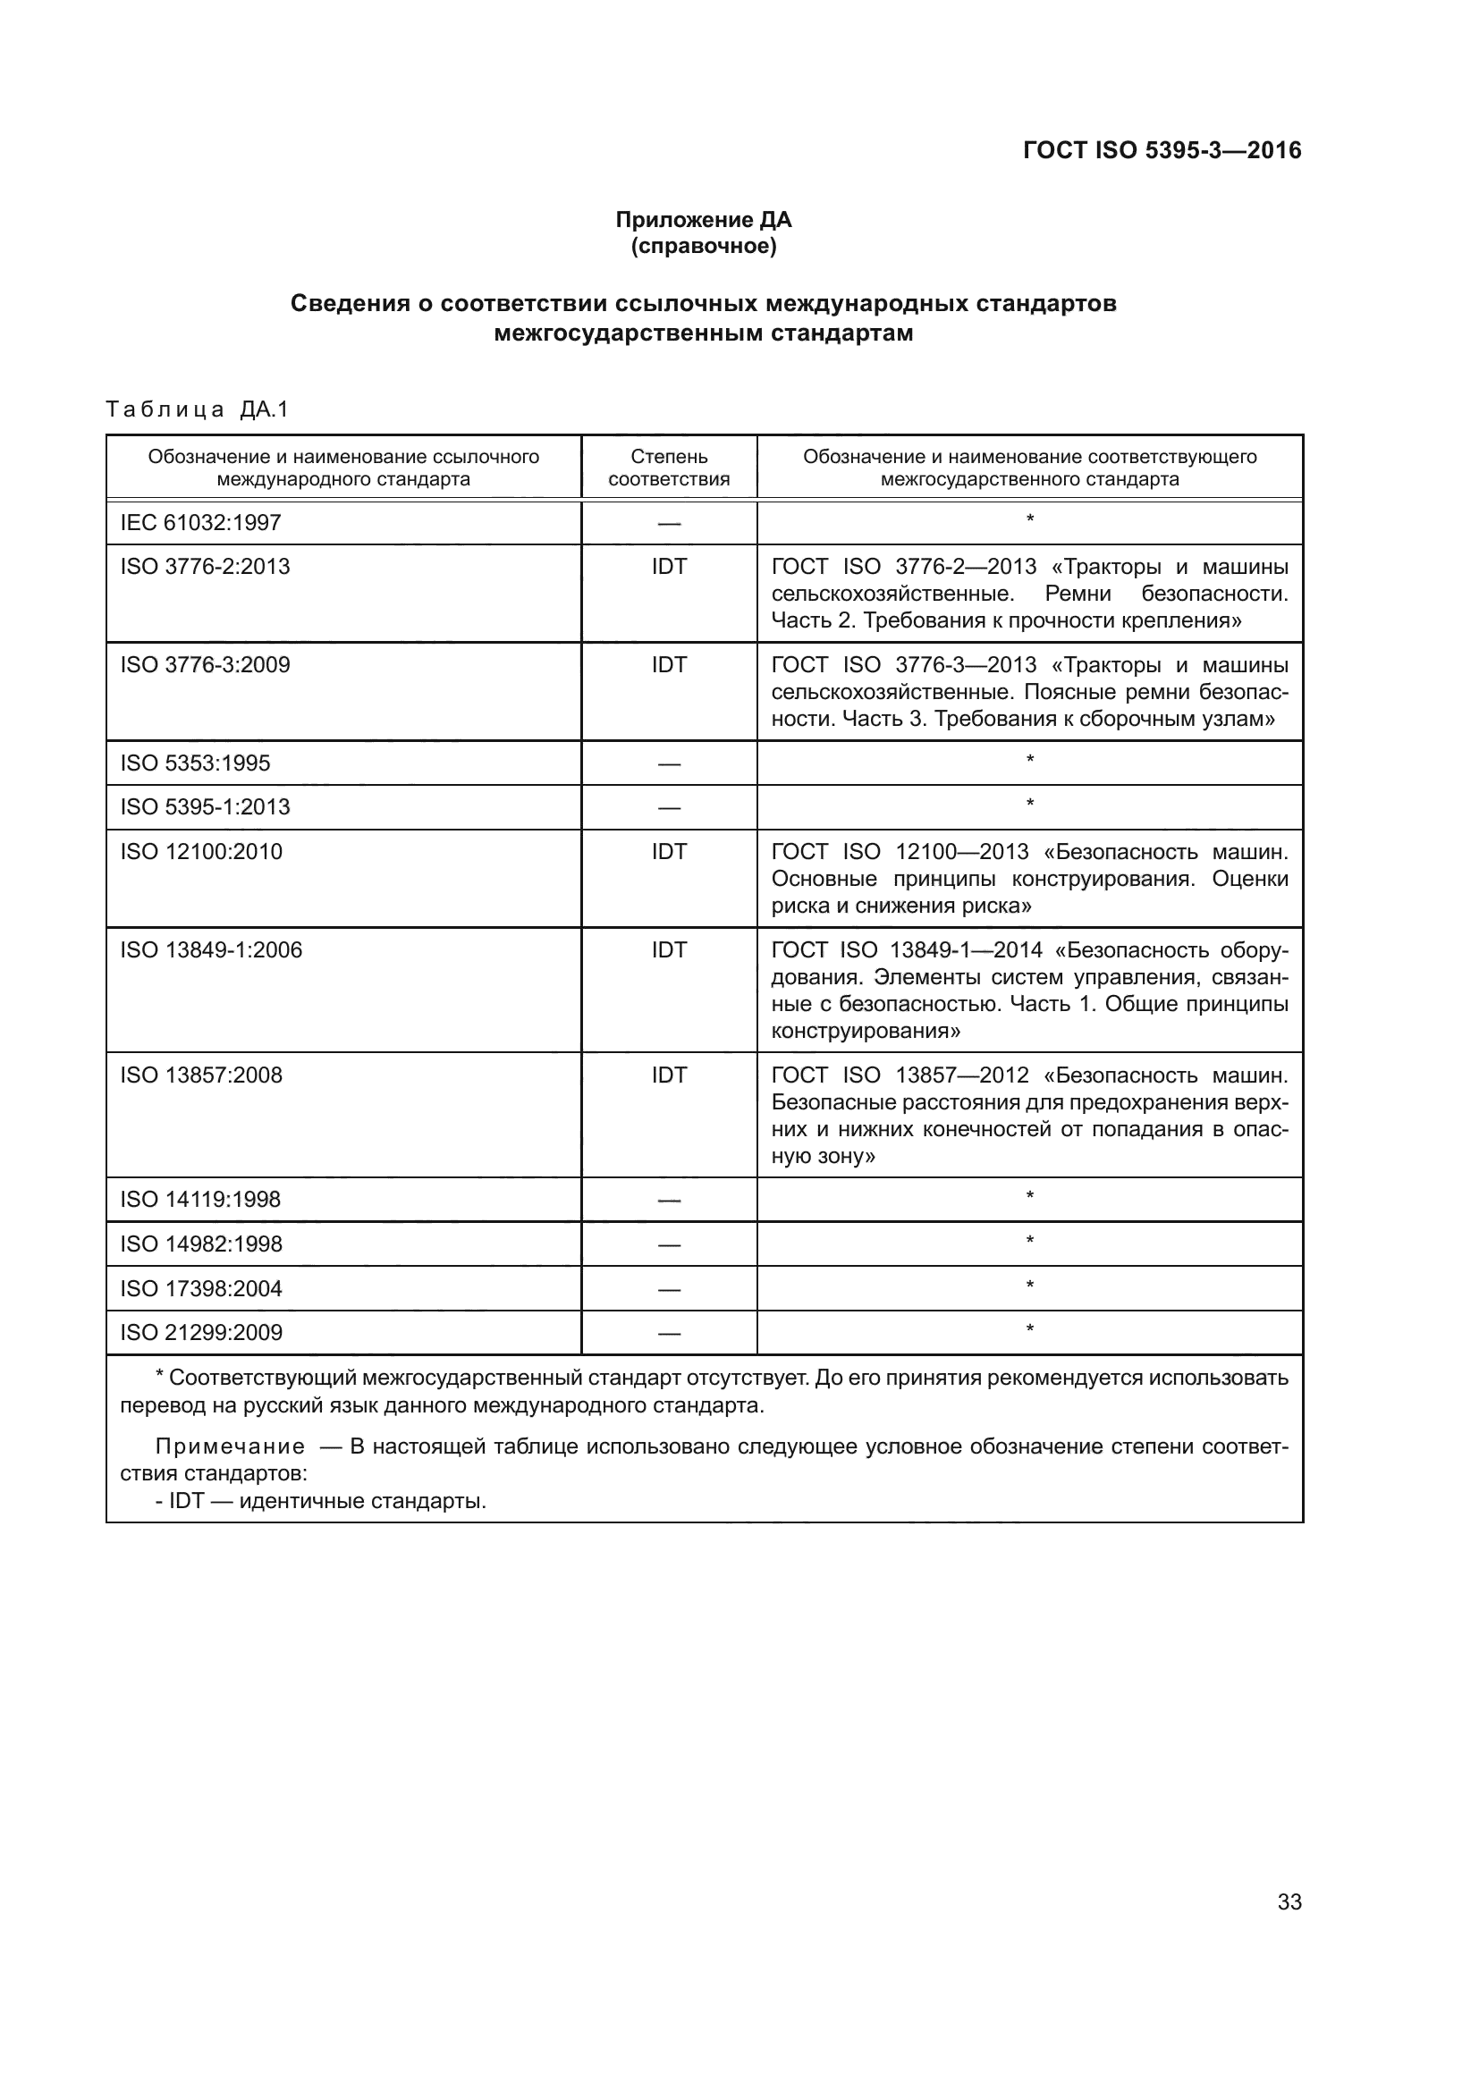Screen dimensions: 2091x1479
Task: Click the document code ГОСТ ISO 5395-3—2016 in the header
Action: pyautogui.click(x=1162, y=150)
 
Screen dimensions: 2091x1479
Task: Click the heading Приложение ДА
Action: pyautogui.click(x=703, y=220)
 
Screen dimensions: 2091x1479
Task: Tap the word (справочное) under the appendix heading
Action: pyautogui.click(x=703, y=246)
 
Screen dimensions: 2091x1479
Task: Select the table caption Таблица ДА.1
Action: pyautogui.click(x=197, y=409)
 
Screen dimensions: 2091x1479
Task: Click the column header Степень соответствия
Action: pyautogui.click(x=669, y=468)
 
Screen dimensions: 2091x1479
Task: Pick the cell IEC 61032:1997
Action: pyautogui.click(x=200, y=523)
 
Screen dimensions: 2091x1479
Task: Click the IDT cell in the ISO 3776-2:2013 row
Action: pyautogui.click(x=669, y=567)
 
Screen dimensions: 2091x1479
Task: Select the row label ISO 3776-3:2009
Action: pyautogui.click(x=205, y=665)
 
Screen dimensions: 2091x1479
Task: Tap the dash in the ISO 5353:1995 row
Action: pyautogui.click(x=669, y=764)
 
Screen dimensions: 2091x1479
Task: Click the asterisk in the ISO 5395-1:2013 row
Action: pyautogui.click(x=1029, y=805)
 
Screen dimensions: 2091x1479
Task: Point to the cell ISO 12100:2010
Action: pyautogui.click(x=201, y=852)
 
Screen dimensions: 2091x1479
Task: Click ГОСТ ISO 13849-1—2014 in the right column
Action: pyautogui.click(x=907, y=950)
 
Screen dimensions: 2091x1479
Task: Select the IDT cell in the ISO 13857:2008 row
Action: pyautogui.click(x=669, y=1075)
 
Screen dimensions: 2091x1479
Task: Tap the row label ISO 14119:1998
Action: pyautogui.click(x=200, y=1200)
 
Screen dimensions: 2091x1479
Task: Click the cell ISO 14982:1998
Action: pyautogui.click(x=201, y=1244)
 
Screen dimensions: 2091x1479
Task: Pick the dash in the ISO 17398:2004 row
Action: pyautogui.click(x=669, y=1290)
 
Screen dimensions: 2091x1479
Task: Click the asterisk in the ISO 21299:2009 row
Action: pyautogui.click(x=1029, y=1329)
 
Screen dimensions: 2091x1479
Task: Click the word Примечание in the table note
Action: pyautogui.click(x=230, y=1447)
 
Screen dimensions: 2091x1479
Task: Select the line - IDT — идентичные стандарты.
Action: pyautogui.click(x=321, y=1501)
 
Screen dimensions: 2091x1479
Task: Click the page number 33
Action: pyautogui.click(x=1289, y=1901)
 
